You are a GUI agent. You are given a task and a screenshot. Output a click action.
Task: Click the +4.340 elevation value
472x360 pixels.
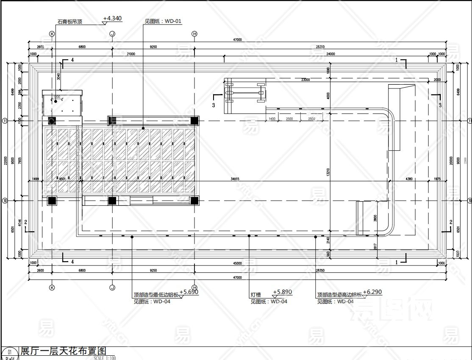point(112,18)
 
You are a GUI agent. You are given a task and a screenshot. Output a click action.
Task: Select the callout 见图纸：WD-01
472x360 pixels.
point(163,21)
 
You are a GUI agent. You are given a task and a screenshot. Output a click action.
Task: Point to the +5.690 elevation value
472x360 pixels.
point(189,292)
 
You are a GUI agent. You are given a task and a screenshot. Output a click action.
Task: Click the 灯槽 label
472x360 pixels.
point(256,295)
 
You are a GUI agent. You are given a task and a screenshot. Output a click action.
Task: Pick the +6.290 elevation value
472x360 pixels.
point(372,292)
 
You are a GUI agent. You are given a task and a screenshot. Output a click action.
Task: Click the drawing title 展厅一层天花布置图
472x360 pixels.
point(62,351)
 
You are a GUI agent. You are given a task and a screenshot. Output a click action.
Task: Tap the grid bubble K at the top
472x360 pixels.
point(52,33)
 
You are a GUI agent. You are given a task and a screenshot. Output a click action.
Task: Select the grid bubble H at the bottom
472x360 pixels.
point(194,287)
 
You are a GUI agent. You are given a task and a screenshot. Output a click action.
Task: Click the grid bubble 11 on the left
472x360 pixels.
point(5,120)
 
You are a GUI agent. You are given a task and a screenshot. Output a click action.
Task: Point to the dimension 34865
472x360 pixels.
point(235,179)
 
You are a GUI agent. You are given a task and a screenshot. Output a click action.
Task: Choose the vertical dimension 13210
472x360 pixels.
point(328,172)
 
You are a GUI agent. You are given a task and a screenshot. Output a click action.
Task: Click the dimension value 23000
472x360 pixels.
point(305,80)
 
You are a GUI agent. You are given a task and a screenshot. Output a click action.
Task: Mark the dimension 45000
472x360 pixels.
point(237,263)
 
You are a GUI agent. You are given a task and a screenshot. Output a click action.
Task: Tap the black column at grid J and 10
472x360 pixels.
point(112,201)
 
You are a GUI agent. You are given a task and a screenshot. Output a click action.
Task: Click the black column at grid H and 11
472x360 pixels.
point(194,121)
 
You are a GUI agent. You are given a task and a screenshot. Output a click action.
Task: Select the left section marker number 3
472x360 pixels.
point(214,104)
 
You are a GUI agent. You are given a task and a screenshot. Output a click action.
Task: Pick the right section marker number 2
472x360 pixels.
point(451,222)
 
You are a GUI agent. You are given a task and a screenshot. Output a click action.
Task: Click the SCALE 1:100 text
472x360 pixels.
point(105,358)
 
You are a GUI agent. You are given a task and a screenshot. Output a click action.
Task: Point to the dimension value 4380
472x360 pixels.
point(409,179)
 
